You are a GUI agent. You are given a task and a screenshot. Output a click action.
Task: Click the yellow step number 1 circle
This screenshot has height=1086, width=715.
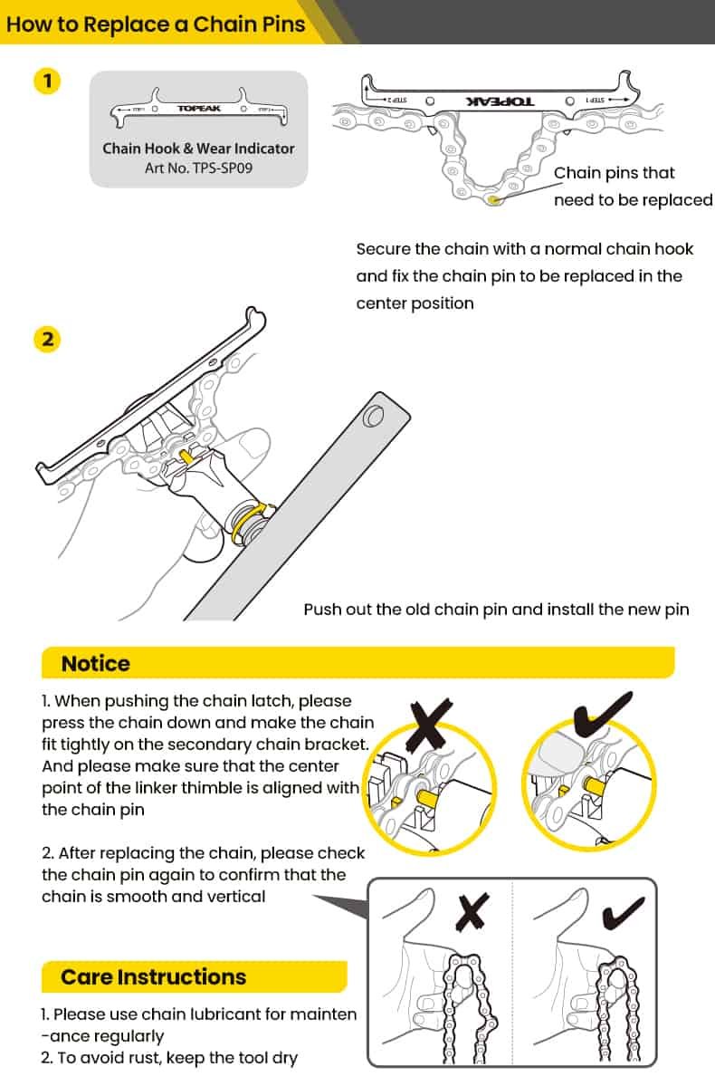pos(47,82)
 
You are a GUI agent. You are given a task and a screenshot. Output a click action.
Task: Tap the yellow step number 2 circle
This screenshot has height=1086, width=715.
pos(47,340)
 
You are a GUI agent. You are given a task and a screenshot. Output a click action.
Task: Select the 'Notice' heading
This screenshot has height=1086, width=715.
pos(95,663)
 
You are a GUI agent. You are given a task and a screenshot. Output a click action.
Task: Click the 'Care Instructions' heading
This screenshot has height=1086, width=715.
pos(153,976)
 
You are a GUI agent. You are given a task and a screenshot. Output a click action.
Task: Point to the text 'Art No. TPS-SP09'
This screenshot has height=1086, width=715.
pos(198,168)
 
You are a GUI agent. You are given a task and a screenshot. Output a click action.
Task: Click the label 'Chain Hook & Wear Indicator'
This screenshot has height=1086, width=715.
pos(198,149)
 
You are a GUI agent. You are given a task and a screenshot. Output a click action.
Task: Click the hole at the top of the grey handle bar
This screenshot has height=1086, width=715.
pos(370,418)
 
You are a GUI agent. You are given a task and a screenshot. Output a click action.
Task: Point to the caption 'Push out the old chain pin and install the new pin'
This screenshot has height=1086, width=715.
pos(496,610)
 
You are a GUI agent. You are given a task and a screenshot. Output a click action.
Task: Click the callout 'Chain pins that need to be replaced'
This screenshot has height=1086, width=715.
pos(633,186)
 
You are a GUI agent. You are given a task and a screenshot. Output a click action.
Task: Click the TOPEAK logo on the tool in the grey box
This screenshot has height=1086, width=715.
pos(198,109)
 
